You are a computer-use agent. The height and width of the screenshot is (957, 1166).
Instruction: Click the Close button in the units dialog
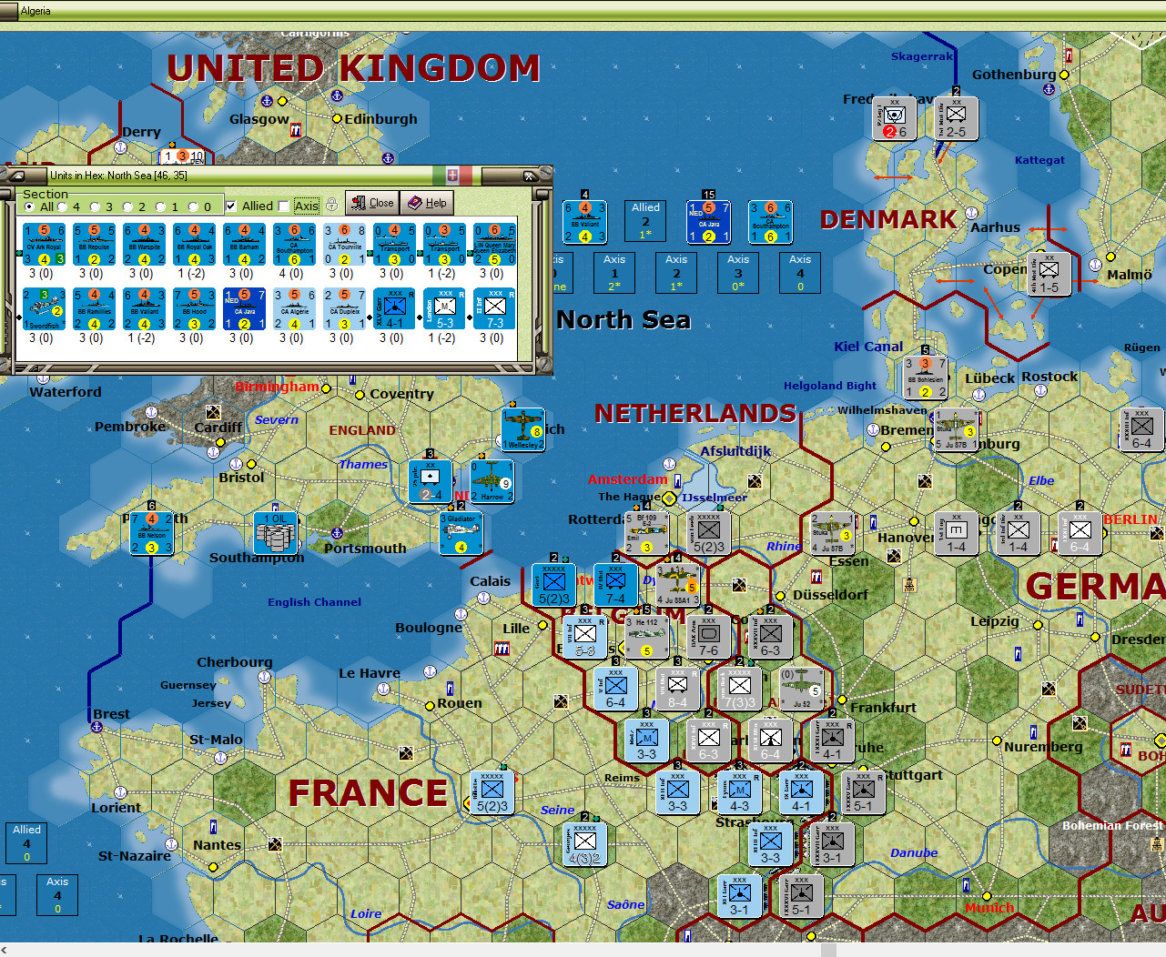(x=371, y=203)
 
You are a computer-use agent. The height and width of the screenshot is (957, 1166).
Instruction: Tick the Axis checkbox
(x=284, y=207)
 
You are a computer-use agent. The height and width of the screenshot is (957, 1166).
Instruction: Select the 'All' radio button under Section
(x=30, y=207)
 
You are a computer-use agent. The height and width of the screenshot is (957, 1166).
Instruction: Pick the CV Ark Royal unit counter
(x=44, y=245)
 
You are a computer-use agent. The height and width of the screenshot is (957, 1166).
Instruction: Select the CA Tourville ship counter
(x=344, y=245)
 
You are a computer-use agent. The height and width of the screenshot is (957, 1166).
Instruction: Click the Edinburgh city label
(x=380, y=119)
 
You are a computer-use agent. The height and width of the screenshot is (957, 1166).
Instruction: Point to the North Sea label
(x=624, y=320)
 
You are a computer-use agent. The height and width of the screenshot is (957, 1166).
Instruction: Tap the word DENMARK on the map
(x=888, y=220)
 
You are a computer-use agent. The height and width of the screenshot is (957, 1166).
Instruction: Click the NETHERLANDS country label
(x=695, y=414)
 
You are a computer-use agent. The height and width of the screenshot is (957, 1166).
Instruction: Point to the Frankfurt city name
(x=883, y=708)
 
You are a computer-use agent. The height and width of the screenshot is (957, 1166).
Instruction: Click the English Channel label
(x=314, y=602)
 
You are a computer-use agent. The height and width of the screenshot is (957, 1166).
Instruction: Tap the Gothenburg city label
(x=1014, y=75)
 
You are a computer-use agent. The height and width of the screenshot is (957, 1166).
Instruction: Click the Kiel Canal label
(x=868, y=347)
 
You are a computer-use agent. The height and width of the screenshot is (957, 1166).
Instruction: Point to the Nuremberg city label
(x=1043, y=747)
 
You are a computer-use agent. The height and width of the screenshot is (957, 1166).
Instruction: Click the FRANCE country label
(x=368, y=793)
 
